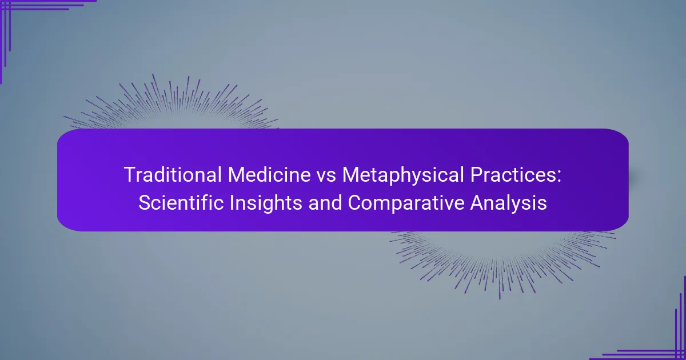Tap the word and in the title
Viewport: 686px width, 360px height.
(302, 203)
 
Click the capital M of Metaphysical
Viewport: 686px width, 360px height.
(350, 175)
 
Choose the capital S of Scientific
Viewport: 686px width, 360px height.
(143, 203)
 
